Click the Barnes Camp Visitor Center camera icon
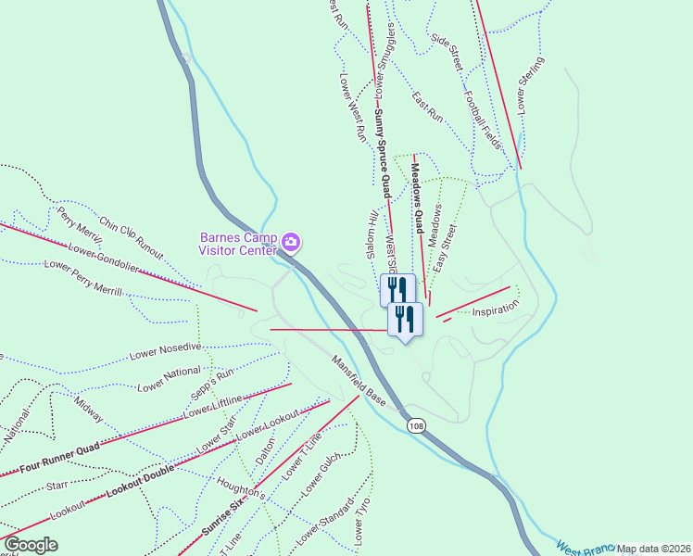click(291, 243)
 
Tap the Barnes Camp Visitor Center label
click(238, 243)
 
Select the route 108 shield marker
click(414, 424)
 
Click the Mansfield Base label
click(359, 380)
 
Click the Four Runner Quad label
click(62, 458)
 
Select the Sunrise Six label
click(221, 520)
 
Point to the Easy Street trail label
click(446, 246)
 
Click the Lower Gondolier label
click(104, 256)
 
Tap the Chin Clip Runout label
click(131, 237)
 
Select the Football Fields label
click(483, 121)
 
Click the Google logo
click(30, 545)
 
